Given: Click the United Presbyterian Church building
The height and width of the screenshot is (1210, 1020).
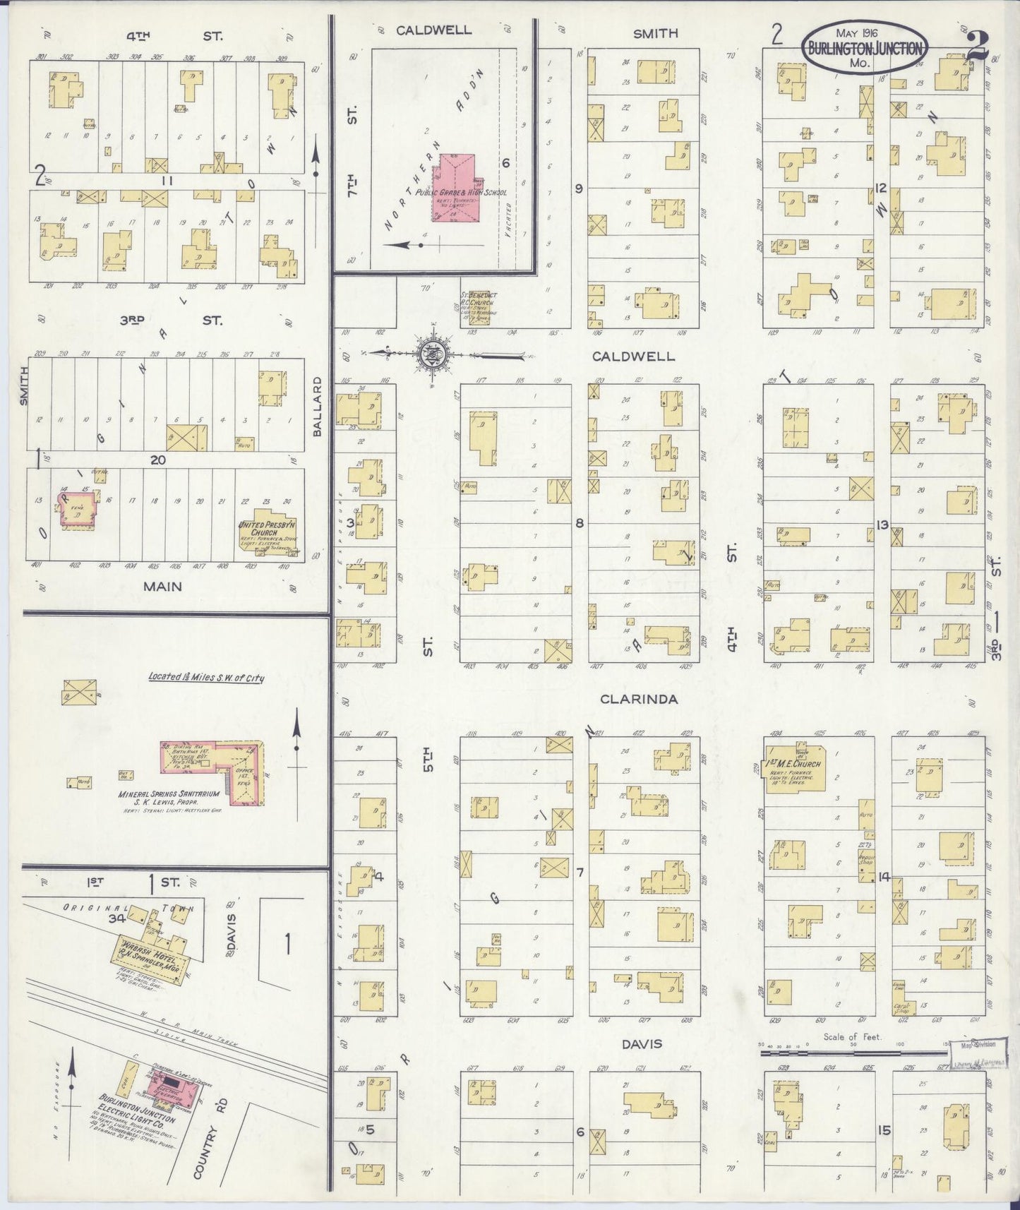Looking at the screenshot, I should pyautogui.click(x=269, y=529).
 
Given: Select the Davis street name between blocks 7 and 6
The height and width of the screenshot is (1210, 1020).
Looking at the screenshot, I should pyautogui.click(x=642, y=1043).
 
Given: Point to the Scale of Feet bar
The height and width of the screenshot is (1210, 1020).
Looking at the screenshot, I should pyautogui.click(x=854, y=1051).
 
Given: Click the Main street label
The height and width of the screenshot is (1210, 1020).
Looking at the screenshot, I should pyautogui.click(x=162, y=586).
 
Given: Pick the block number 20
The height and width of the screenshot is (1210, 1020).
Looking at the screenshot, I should pyautogui.click(x=157, y=460).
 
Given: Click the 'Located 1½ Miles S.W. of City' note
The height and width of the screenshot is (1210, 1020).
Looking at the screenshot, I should pyautogui.click(x=205, y=677).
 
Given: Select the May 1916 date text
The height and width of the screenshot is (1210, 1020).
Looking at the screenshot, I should pyautogui.click(x=856, y=33).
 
